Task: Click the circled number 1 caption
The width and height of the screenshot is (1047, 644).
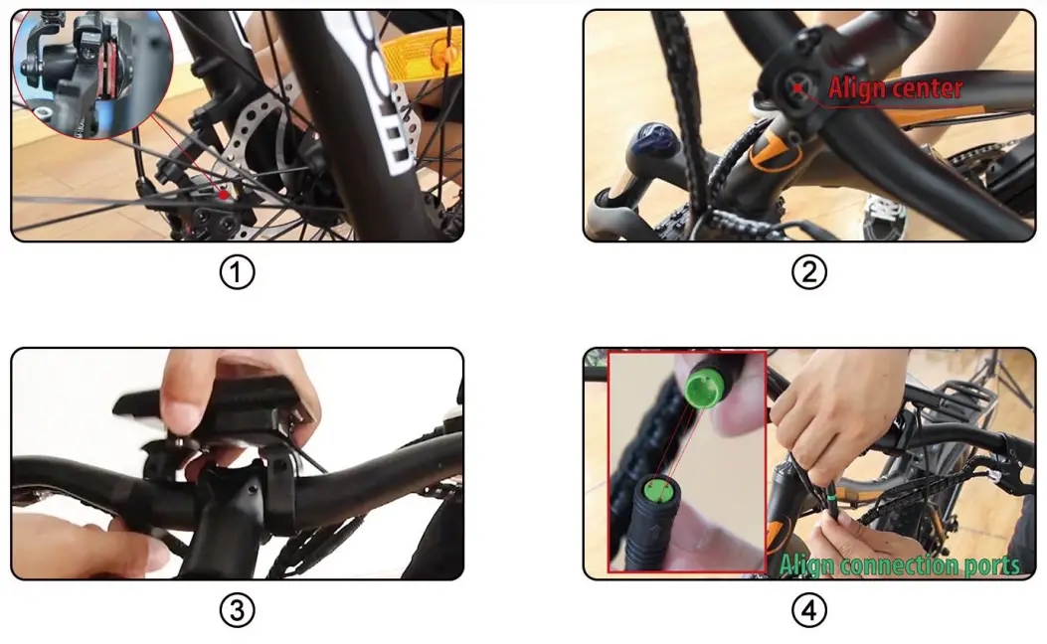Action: coord(237,271)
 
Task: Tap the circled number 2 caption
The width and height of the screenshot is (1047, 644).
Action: coord(808,271)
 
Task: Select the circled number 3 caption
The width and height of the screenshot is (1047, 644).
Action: coord(237,609)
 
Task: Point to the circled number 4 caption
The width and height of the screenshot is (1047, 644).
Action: coord(808,609)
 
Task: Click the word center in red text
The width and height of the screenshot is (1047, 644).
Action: coord(929,89)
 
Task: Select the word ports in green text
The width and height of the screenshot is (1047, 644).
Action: coord(990,566)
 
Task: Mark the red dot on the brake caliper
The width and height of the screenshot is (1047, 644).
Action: coord(226,195)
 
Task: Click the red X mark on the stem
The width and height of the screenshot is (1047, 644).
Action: coord(798,87)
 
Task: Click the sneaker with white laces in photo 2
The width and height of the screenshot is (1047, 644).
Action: coord(881,213)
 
